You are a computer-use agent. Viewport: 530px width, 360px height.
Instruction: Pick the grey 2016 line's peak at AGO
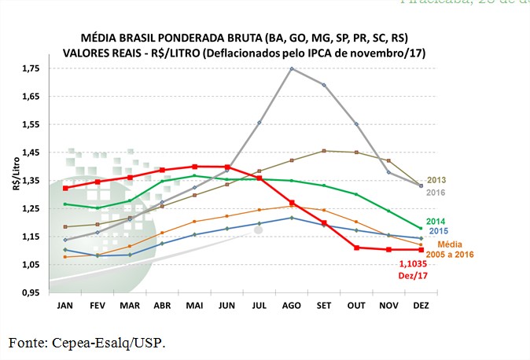pos(292,68)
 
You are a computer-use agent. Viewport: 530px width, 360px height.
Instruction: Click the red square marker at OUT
pos(356,248)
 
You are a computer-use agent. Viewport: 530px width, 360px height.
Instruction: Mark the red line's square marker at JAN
pos(65,188)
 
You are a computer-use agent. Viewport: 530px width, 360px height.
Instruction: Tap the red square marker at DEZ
pos(421,250)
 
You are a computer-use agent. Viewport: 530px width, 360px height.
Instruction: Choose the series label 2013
pos(436,180)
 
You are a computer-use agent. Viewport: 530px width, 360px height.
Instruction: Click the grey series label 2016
pos(436,192)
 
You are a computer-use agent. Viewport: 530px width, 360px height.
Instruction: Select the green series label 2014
pos(436,222)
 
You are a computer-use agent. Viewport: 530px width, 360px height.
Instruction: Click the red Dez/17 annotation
pos(416,277)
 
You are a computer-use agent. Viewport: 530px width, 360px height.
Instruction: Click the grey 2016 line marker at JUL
pos(259,123)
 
